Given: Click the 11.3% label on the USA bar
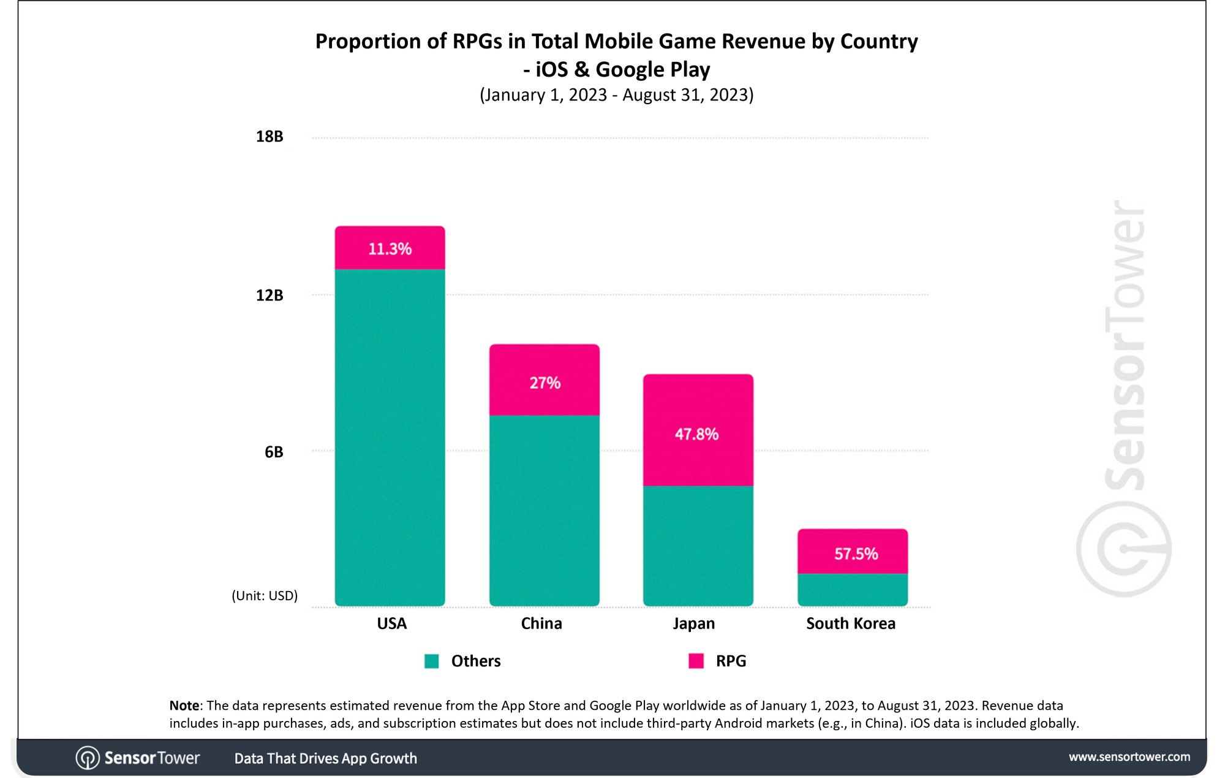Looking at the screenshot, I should coord(390,249).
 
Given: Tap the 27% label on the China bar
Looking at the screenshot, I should coord(545,383).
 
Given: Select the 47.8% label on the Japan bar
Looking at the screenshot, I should coord(696,435).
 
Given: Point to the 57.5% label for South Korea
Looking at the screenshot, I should coord(856,554).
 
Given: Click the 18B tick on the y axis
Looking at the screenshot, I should coord(269,137).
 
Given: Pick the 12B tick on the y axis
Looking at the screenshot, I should coord(269,296).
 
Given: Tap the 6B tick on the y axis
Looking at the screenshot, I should coord(274,452).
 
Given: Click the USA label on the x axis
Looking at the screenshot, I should coord(391,624).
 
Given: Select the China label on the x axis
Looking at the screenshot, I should coord(541,624).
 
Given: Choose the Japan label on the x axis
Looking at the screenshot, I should coord(693,624).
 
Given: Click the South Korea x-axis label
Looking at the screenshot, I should coord(850,624).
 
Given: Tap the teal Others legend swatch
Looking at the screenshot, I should coord(432,661).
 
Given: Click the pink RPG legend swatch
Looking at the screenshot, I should coord(696,661).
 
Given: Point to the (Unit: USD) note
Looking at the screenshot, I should coord(265,596).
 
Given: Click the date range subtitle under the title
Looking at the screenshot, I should coord(616,95).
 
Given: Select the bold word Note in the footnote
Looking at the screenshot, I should coord(184,706).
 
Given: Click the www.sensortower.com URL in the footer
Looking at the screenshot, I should coord(1129,757).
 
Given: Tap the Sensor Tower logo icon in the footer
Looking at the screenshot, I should coord(88,758).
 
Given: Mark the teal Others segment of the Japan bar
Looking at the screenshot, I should coord(698,546).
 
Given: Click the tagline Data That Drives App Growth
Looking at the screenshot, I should coord(325,758).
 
